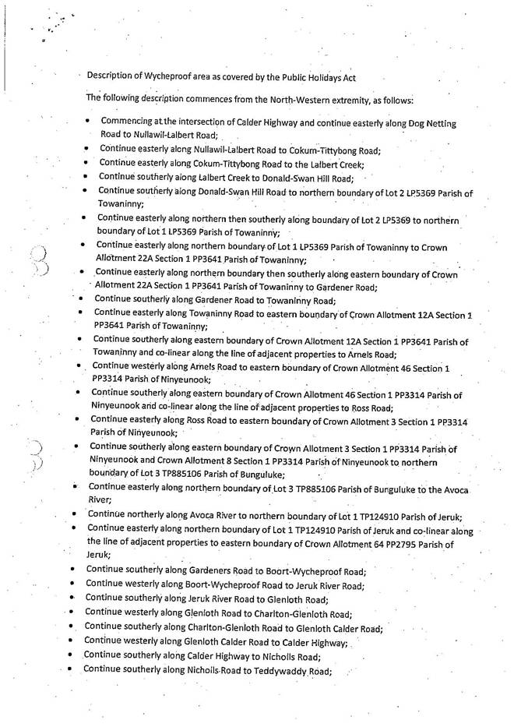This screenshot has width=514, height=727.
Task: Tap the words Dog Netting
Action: pyautogui.click(x=431, y=124)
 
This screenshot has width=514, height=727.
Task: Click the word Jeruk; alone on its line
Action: pyautogui.click(x=99, y=555)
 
